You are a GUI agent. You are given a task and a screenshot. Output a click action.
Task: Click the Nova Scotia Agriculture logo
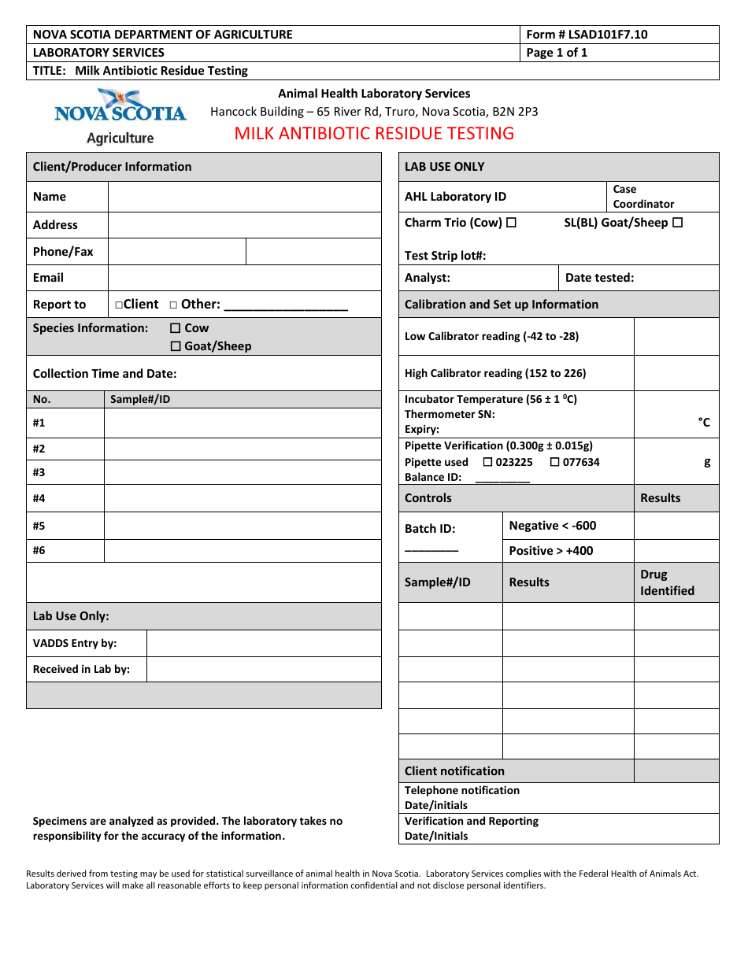pos(120,116)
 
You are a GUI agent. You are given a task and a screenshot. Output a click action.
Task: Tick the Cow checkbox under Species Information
pos(176,328)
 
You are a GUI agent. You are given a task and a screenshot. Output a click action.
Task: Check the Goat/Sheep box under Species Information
pos(176,346)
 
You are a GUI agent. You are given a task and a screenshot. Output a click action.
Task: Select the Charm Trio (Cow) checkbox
pos(511,223)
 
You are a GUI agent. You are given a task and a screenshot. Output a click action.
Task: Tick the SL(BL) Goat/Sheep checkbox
pos(677,223)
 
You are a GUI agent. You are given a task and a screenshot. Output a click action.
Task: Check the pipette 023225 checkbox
pos(487,462)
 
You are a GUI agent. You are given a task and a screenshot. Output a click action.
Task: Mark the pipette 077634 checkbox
pos(555,462)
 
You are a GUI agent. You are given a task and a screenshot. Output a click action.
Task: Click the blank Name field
pos(244,197)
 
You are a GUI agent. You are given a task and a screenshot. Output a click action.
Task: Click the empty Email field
pos(244,278)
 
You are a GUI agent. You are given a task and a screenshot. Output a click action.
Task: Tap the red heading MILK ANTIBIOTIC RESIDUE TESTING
pos(374,134)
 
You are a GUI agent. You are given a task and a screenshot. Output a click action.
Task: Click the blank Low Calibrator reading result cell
pos(676,336)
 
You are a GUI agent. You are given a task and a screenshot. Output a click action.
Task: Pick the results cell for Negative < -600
pos(676,526)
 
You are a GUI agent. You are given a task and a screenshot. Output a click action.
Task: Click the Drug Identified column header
pos(667,582)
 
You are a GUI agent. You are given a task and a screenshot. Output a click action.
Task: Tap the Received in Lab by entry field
pos(263,669)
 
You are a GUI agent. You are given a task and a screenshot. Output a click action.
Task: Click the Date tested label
pos(599,278)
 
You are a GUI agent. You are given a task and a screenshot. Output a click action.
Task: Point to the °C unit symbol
pos(704,423)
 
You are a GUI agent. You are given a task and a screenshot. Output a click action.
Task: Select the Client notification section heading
pos(454,771)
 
